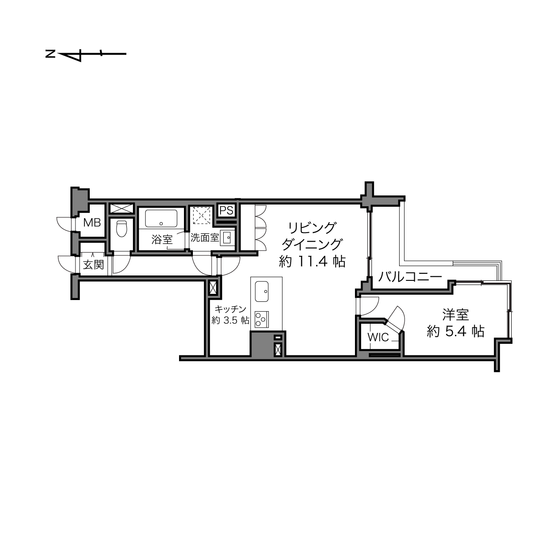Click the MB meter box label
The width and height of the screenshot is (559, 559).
tap(92, 223)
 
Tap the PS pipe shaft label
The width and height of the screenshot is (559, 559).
tap(226, 211)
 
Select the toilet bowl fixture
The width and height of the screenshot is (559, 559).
tap(121, 229)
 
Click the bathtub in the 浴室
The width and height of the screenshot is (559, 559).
tap(161, 218)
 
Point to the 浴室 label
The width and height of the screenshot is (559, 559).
tap(162, 240)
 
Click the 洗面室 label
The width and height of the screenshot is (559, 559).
tap(204, 238)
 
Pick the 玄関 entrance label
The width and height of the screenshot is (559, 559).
tap(93, 265)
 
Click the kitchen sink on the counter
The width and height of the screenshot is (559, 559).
tap(261, 292)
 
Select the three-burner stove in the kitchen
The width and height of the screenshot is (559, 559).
tap(261, 319)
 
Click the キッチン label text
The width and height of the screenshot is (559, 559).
tap(230, 309)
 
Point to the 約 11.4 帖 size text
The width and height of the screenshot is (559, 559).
tap(312, 262)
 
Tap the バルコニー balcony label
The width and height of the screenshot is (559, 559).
tap(410, 277)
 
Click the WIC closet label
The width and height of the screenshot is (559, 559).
tap(378, 337)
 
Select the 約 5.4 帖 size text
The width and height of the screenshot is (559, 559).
tap(455, 331)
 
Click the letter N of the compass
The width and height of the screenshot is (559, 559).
tap(50, 54)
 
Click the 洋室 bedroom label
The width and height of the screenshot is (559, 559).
tap(455, 315)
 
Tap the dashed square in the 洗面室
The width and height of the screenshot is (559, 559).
tap(202, 216)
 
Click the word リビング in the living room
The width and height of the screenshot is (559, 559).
tap(312, 228)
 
